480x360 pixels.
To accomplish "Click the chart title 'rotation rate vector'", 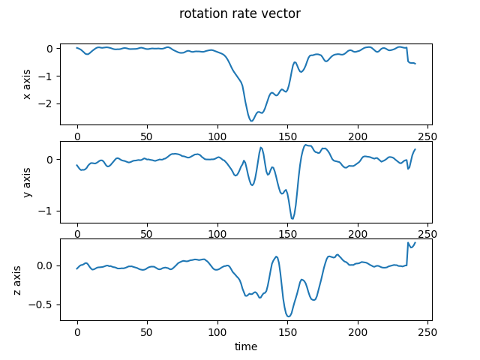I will click(x=240, y=13).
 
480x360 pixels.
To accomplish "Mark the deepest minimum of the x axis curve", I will click(x=252, y=121).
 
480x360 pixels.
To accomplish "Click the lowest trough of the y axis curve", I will click(x=292, y=219).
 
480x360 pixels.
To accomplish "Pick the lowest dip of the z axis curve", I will click(x=289, y=316).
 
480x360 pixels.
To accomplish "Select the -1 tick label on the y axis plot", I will click(x=48, y=211).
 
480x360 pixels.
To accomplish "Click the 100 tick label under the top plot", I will click(x=217, y=138).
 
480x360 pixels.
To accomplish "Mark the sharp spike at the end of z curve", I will click(x=408, y=242).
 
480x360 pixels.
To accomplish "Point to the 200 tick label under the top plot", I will click(x=358, y=138).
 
